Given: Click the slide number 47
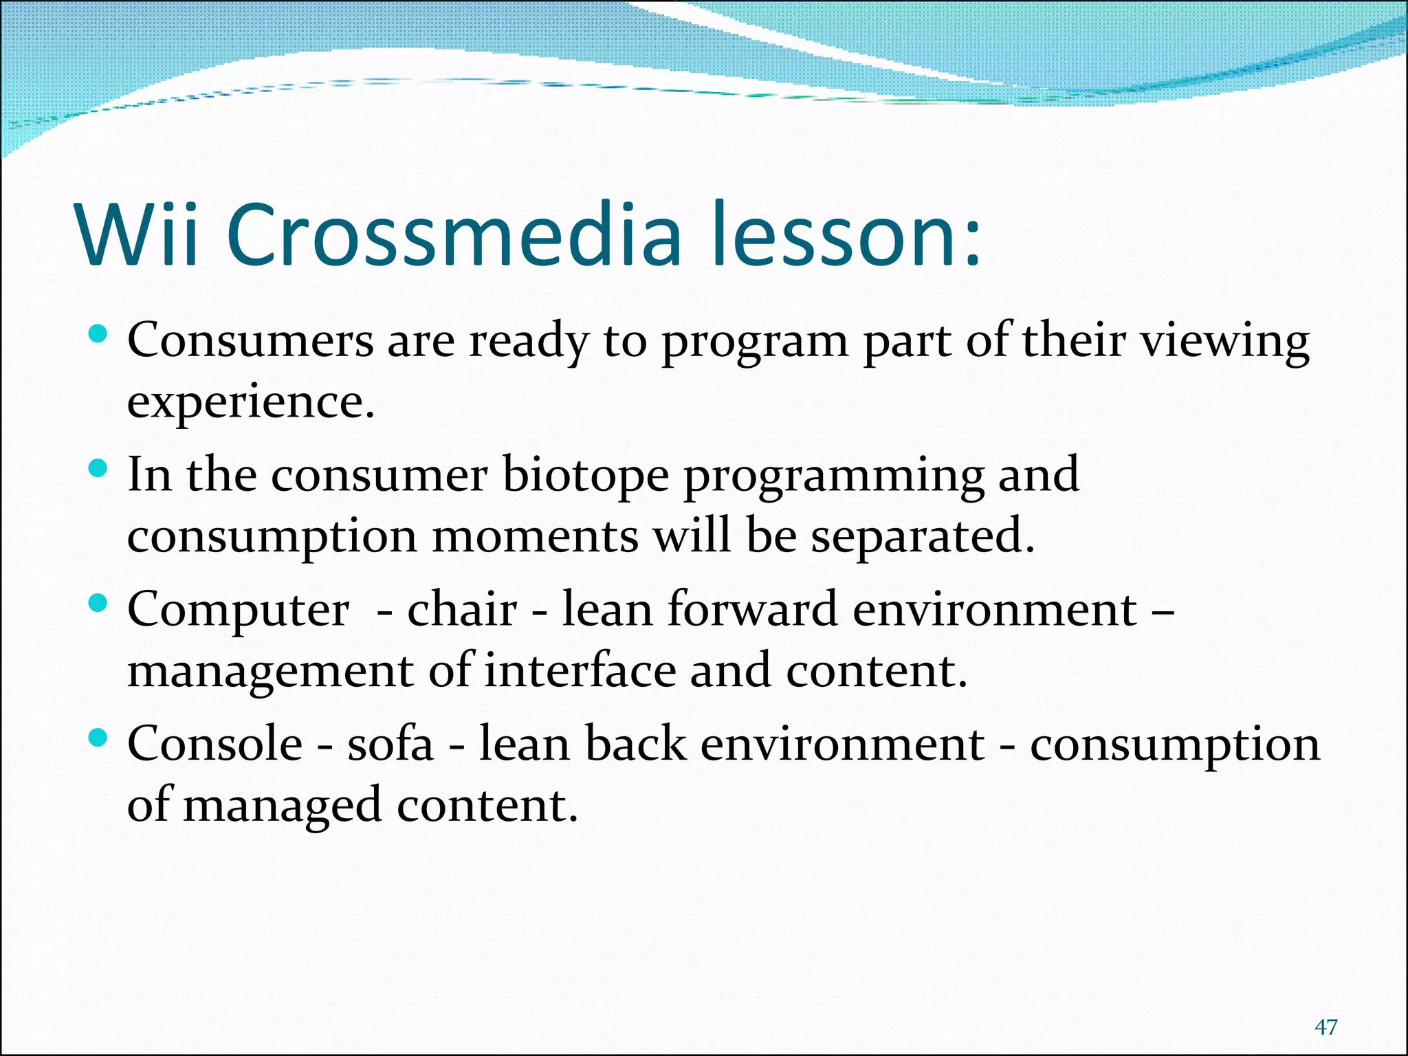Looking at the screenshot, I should [x=1325, y=1027].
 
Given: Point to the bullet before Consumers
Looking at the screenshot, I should [x=99, y=335].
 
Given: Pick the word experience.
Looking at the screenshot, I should [x=250, y=403].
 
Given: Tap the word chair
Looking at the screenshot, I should [x=461, y=609].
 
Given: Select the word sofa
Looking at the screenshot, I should [x=390, y=744].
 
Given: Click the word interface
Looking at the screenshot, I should [x=580, y=671].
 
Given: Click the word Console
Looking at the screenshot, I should [x=214, y=744].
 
